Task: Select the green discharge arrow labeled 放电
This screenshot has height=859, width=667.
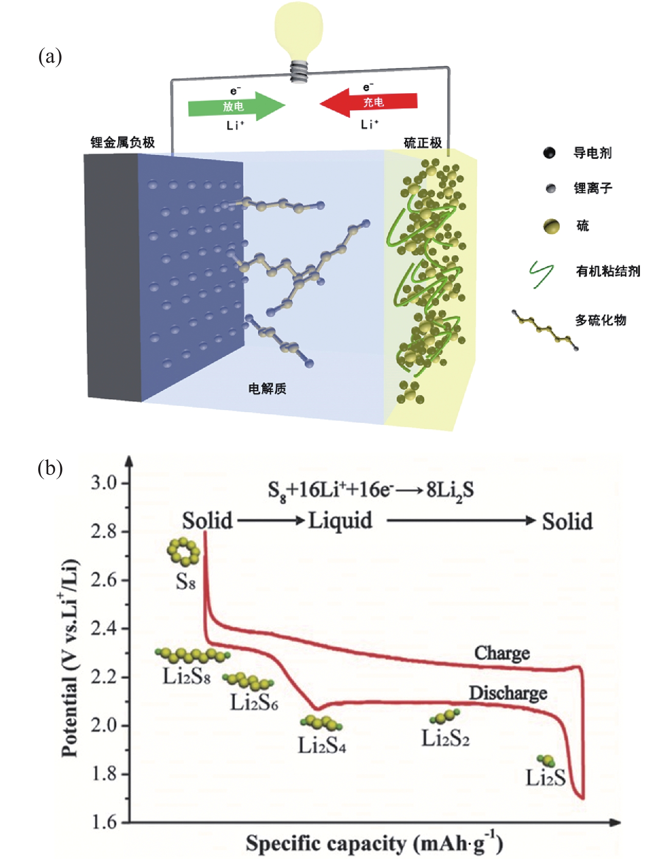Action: click(235, 106)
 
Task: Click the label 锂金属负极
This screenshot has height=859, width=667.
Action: click(122, 142)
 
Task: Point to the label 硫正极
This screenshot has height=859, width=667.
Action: click(422, 143)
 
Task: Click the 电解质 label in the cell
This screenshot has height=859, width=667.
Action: click(267, 388)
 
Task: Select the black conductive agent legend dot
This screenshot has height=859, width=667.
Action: click(549, 153)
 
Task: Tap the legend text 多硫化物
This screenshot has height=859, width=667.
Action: click(600, 320)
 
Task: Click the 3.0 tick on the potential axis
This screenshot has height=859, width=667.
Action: click(103, 483)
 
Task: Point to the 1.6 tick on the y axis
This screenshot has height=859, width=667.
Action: click(103, 822)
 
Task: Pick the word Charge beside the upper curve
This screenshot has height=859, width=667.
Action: click(502, 653)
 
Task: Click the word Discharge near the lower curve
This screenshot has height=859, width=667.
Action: click(507, 693)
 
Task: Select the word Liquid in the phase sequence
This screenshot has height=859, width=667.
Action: click(340, 520)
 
